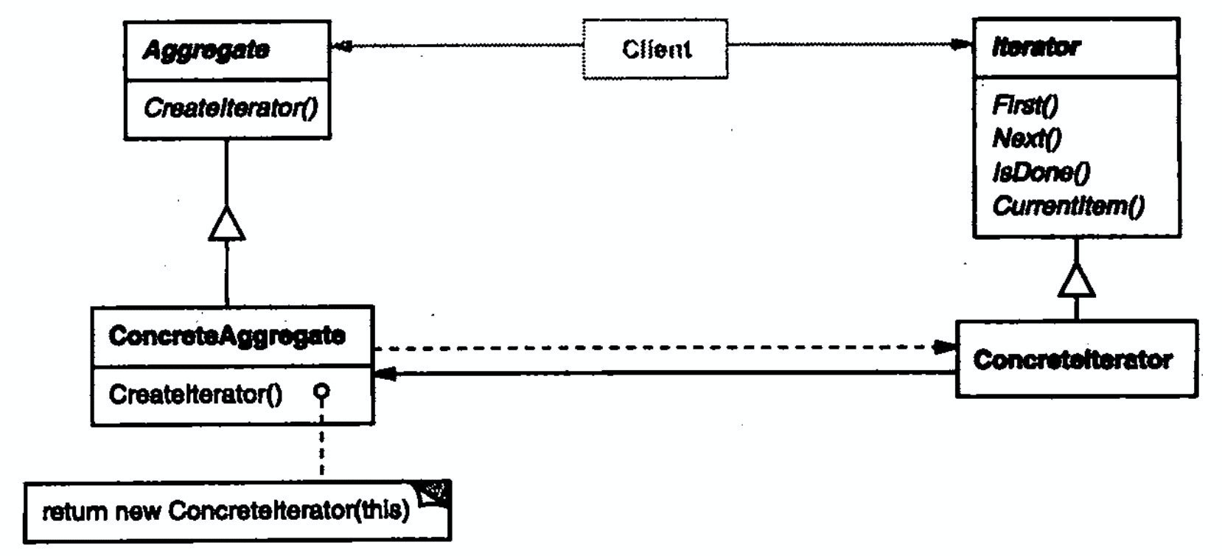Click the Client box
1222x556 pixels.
click(655, 49)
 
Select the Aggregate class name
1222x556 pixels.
click(206, 50)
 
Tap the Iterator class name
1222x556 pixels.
click(1036, 48)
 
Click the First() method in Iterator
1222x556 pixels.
click(1025, 105)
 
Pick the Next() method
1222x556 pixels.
click(1027, 138)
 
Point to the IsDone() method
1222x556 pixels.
click(1041, 172)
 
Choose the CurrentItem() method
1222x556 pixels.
click(1068, 206)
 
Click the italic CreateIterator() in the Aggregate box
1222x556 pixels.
click(231, 108)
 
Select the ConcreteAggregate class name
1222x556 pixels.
click(226, 336)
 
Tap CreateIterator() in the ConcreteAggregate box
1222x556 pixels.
click(195, 395)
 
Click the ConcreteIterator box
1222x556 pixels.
click(1075, 359)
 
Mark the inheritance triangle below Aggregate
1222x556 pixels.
click(226, 223)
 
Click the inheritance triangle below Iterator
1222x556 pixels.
click(1076, 280)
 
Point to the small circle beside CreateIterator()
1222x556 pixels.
click(321, 392)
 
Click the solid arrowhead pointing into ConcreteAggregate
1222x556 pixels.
click(385, 375)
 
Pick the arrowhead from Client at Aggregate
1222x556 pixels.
click(341, 46)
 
